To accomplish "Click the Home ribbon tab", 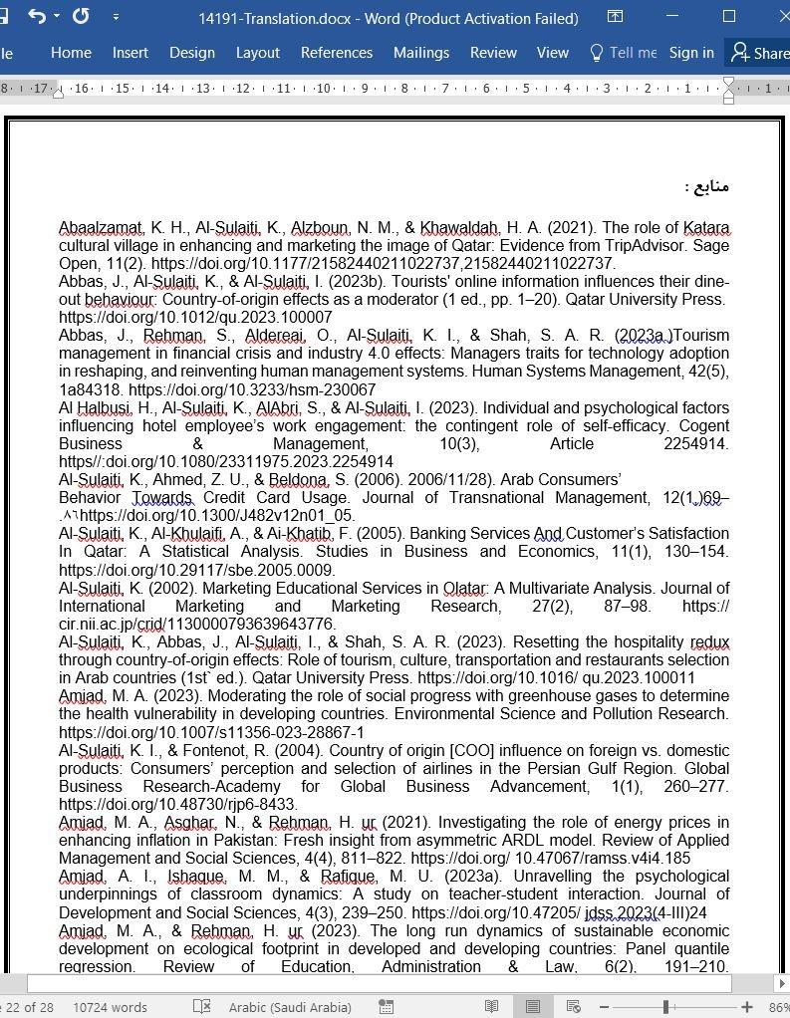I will coord(71,53).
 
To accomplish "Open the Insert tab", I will coord(131,53).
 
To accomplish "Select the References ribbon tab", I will coord(337,53).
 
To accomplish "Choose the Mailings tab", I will coord(421,53).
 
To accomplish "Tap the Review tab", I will coord(493,53).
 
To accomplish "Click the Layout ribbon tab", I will coord(257,53).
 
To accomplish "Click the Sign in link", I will coord(691,53).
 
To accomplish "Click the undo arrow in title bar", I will coord(37,17).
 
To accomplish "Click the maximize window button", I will coord(729,17).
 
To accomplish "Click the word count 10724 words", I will coord(110,1007).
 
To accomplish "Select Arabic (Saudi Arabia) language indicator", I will coord(290,1007).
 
